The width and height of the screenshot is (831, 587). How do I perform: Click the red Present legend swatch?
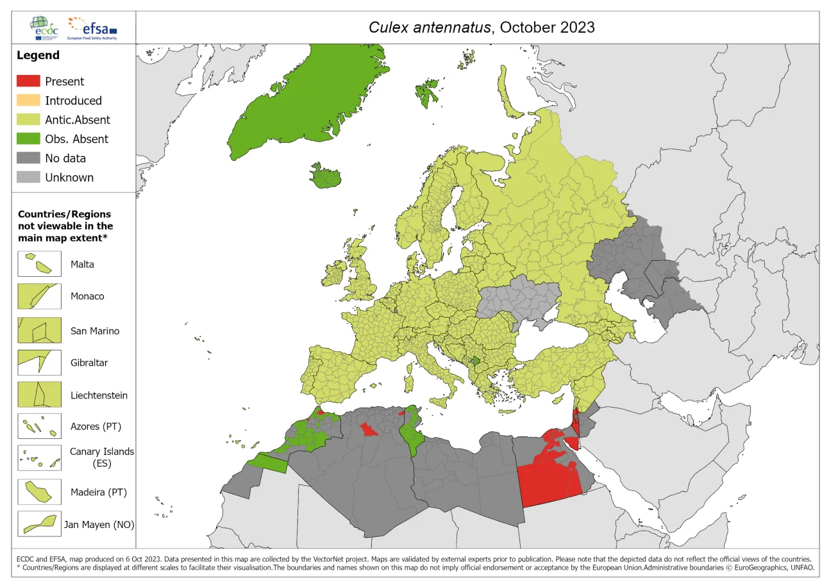point(28,81)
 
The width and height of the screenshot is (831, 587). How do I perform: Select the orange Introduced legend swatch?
point(28,101)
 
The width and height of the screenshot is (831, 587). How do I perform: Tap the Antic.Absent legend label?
point(77,120)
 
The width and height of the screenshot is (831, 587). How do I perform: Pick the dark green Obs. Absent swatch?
point(28,139)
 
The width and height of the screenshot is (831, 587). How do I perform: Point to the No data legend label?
point(65,158)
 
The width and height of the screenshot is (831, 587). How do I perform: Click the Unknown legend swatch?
point(28,178)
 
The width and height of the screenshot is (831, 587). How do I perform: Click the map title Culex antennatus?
point(481,28)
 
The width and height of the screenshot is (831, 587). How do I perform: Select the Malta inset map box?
point(39,264)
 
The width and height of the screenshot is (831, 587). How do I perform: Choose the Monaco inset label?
point(87,297)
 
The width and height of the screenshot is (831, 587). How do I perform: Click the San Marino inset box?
point(39,330)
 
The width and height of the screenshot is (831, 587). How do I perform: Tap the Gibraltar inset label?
point(89,363)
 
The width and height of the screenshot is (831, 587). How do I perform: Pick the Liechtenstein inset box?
point(39,395)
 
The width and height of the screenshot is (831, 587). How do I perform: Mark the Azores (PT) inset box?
point(39,426)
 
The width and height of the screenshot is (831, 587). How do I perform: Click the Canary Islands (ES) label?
point(102,457)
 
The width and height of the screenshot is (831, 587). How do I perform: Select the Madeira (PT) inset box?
point(39,492)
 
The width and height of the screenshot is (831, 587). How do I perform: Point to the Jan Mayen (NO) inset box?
point(39,524)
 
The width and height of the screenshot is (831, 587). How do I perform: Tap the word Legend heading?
point(38,55)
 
